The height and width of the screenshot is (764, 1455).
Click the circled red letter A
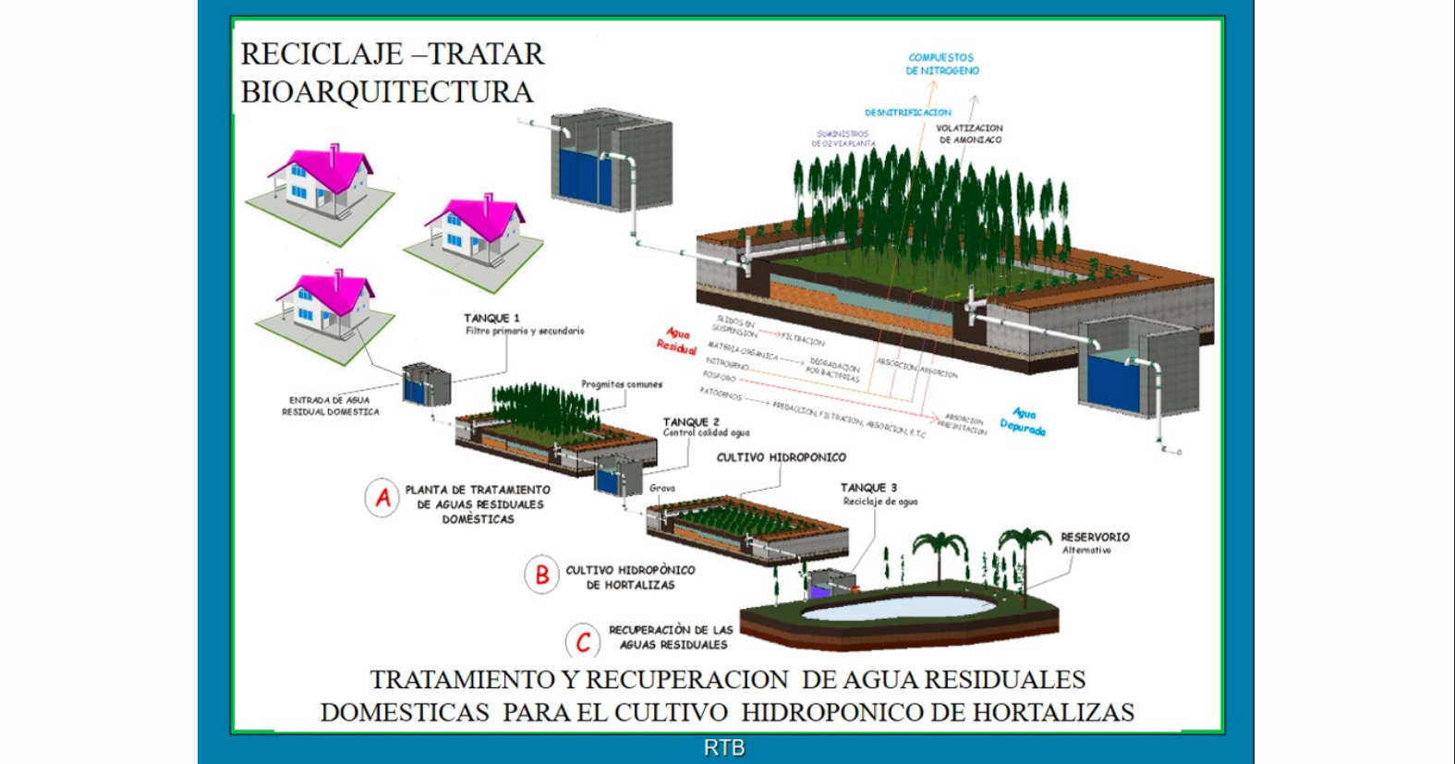click(x=382, y=498)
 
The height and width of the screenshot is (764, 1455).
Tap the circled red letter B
click(x=542, y=575)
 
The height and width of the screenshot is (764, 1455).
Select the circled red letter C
click(x=583, y=641)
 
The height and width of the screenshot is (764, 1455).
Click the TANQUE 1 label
click(x=491, y=318)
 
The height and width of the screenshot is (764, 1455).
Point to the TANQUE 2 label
click(x=690, y=421)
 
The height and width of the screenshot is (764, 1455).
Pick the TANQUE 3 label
click(x=867, y=488)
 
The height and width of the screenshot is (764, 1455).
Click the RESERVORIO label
click(x=1095, y=537)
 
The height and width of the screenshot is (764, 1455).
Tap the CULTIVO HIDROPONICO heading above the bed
click(x=781, y=457)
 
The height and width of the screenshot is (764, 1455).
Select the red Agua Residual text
click(x=677, y=341)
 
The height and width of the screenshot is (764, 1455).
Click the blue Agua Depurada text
click(x=1023, y=422)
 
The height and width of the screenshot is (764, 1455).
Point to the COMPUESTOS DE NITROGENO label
click(x=941, y=64)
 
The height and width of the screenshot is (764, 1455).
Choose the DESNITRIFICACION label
click(x=907, y=113)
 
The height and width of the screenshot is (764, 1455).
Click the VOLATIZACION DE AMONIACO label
click(x=969, y=134)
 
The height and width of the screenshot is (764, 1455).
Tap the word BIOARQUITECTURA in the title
click(x=387, y=92)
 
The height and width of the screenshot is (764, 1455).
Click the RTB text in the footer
click(x=724, y=747)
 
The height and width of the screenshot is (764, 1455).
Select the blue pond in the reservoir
click(x=896, y=608)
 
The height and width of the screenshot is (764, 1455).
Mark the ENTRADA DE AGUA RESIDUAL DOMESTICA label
click(x=330, y=406)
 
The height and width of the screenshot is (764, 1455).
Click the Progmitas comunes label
click(x=622, y=384)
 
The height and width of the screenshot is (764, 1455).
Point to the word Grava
click(x=661, y=488)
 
